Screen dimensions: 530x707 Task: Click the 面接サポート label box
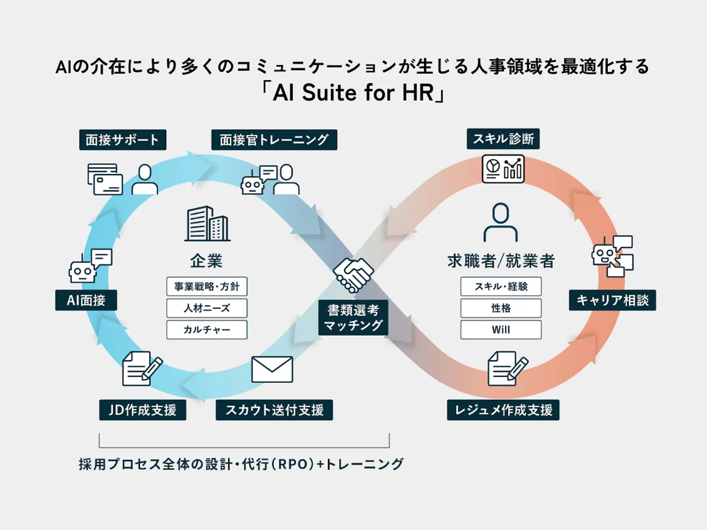pos(122,140)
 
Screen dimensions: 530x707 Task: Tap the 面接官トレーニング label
pos(274,140)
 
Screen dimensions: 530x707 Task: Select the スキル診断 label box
pos(503,139)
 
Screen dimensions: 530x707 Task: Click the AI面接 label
pos(86,300)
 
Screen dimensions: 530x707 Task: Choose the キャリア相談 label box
pos(613,300)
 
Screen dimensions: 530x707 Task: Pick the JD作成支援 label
pos(143,410)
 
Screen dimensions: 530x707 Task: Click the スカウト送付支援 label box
pos(274,410)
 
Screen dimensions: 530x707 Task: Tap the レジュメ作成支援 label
pos(503,410)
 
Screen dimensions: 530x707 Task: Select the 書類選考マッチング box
pos(353,318)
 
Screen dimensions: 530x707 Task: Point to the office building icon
pos(207,224)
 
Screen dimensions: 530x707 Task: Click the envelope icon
pos(272,369)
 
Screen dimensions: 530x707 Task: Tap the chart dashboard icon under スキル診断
pos(503,168)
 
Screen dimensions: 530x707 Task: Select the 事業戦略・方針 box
pos(207,287)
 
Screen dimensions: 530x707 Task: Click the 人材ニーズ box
pos(207,308)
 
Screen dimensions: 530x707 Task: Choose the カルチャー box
pos(207,330)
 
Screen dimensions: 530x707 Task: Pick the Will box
pos(501,330)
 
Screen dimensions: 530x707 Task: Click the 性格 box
pos(501,308)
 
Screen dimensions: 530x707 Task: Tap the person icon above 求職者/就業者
pos(500,222)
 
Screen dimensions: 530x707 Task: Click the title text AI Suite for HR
pos(353,93)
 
